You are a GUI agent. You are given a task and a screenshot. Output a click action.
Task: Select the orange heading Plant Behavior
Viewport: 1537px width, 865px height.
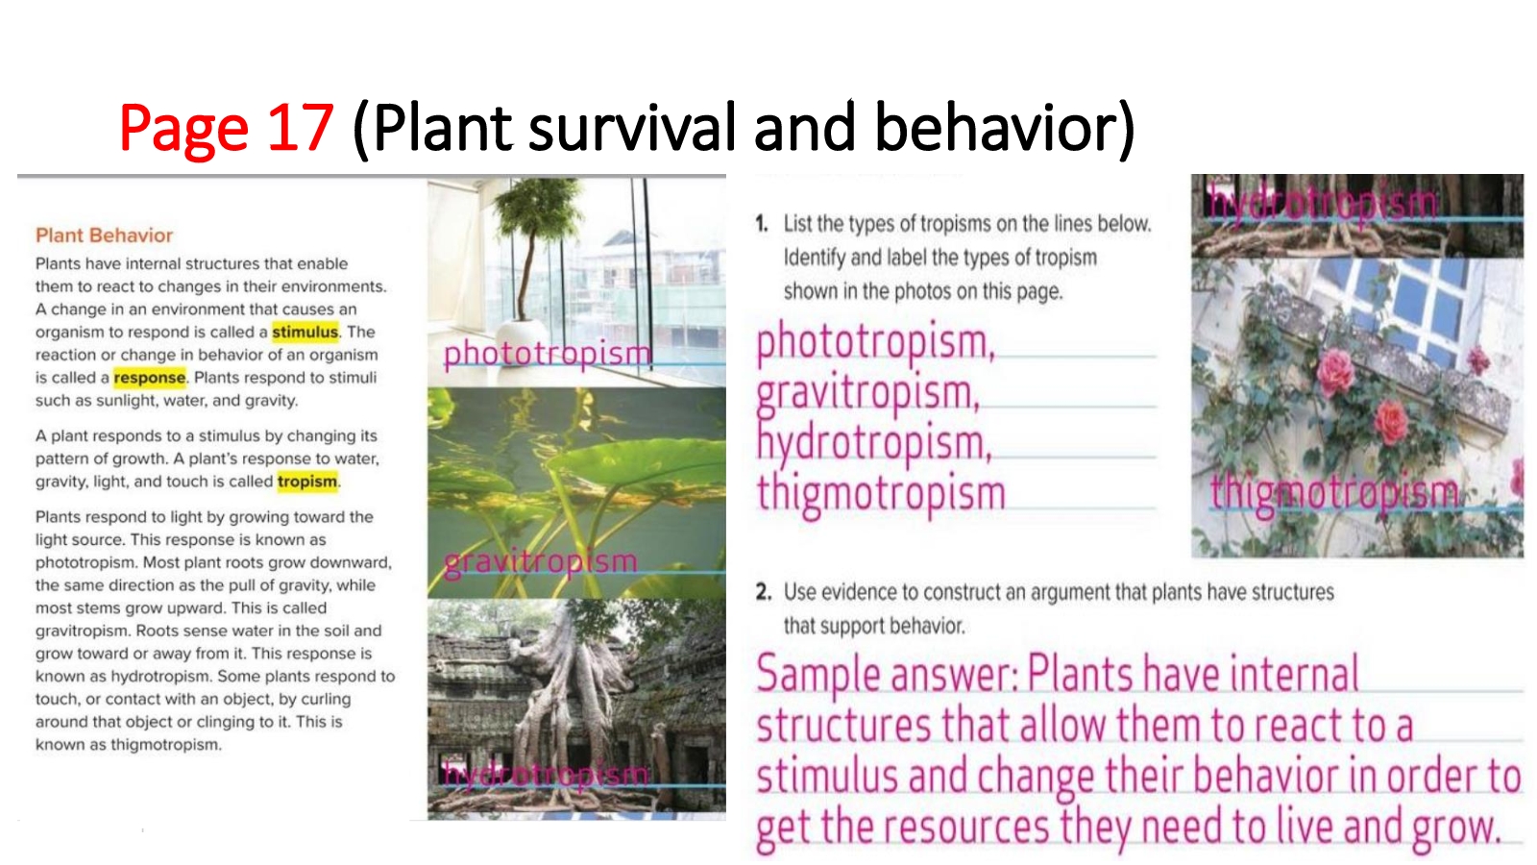click(105, 235)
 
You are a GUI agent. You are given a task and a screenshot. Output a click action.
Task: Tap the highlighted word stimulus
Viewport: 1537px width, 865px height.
click(305, 332)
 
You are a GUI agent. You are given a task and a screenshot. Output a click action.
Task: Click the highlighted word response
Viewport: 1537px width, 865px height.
click(149, 378)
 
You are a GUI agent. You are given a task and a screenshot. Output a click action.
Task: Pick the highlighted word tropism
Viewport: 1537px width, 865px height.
click(307, 482)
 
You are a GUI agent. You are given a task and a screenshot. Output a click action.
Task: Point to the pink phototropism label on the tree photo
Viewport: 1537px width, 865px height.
click(548, 355)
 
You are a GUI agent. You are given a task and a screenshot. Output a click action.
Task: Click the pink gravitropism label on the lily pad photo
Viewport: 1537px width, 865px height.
click(541, 563)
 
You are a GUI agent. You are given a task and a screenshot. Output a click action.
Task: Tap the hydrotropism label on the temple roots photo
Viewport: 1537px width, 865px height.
click(545, 775)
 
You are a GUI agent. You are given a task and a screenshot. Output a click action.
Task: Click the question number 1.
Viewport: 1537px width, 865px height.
click(762, 224)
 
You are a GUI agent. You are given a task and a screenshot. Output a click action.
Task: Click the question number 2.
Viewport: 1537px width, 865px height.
click(763, 592)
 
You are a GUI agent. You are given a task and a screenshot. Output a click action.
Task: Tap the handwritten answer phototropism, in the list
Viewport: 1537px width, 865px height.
click(875, 343)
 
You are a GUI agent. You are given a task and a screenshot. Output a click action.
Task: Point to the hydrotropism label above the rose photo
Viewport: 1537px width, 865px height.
click(1322, 202)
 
